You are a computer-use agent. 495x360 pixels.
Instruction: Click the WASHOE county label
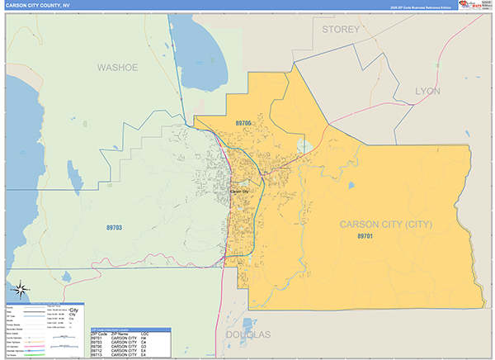pos(117,67)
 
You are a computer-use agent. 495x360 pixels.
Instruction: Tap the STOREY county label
pos(341,29)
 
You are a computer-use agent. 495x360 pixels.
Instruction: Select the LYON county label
pos(427,91)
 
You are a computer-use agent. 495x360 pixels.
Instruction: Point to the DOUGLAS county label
pos(247,334)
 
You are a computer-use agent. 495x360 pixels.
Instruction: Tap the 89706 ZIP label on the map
pos(243,123)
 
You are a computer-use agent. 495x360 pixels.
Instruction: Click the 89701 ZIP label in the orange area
pos(365,237)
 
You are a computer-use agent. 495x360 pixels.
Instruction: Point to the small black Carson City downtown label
pos(239,191)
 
